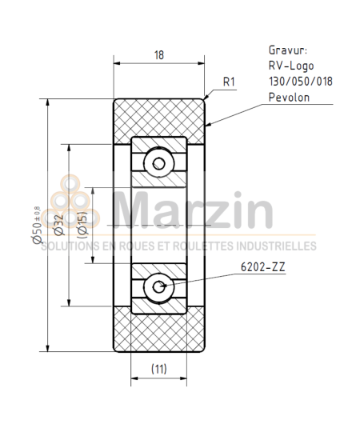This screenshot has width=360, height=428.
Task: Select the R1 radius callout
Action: click(x=230, y=82)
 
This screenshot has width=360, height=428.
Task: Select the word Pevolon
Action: click(x=289, y=98)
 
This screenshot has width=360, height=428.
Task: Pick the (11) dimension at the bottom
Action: click(x=160, y=369)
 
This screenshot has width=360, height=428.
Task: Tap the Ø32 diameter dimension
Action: click(x=58, y=226)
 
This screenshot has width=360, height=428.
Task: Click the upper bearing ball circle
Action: click(x=160, y=163)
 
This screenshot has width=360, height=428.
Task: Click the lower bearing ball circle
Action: click(x=160, y=286)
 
